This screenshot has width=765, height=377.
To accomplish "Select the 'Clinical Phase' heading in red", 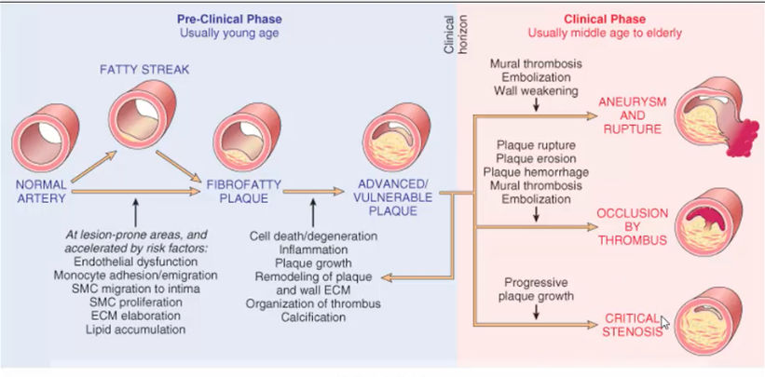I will pos(605,19).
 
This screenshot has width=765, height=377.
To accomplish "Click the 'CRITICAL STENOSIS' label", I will pos(633,324).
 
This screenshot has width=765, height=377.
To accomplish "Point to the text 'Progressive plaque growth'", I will pos(537,288).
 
